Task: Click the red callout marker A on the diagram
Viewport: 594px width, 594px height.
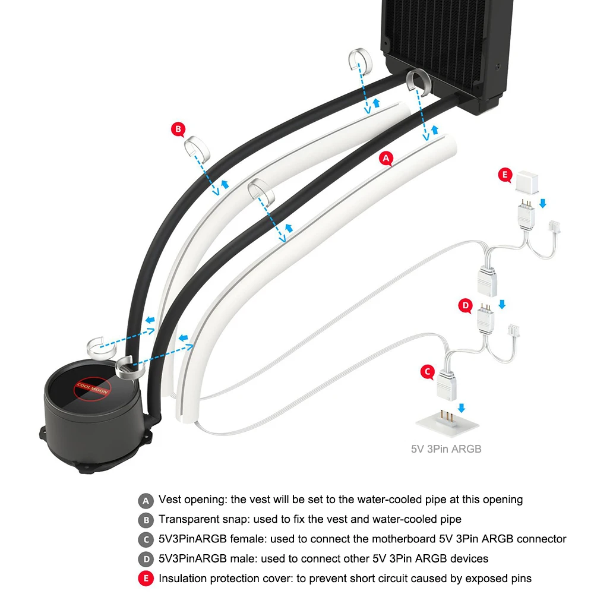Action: [386, 159]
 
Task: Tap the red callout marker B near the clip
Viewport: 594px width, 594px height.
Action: [178, 129]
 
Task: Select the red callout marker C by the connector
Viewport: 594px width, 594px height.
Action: [428, 372]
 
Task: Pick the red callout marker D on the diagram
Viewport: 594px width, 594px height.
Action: [465, 305]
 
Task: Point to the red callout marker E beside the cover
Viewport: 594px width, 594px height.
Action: [505, 175]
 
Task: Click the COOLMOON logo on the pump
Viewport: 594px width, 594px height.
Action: [92, 389]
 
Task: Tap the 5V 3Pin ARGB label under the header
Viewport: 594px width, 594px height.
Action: [446, 449]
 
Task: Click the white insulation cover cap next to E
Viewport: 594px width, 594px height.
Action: [527, 182]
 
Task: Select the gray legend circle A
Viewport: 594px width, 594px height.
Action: [146, 501]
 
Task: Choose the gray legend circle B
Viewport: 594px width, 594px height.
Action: [146, 520]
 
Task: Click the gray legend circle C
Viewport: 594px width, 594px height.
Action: [146, 540]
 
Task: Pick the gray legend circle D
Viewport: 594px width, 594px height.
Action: [146, 559]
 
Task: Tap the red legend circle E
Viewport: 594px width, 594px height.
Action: [146, 579]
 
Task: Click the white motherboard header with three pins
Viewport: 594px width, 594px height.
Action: [447, 423]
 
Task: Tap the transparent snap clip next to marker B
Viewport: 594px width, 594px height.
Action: [197, 148]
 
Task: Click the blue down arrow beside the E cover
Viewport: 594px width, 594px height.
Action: [543, 203]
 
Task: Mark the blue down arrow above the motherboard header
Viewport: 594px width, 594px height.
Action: [462, 408]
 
